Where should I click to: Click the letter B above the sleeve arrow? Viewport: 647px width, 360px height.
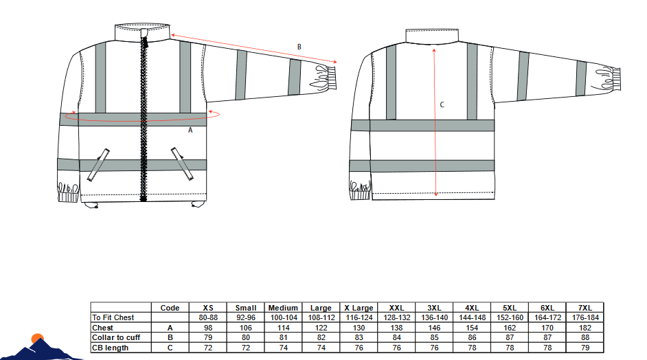(x=299, y=47)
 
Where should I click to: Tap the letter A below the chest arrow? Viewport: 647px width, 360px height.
(x=190, y=130)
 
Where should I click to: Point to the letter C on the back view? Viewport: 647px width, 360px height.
(x=442, y=104)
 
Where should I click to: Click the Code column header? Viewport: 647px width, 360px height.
(x=170, y=308)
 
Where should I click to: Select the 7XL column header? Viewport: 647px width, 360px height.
(x=585, y=308)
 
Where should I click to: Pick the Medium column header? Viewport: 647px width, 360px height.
(x=283, y=308)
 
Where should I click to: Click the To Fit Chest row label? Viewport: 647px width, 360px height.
(x=113, y=317)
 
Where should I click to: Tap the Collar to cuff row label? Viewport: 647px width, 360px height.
(x=116, y=337)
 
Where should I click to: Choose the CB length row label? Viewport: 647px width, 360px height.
(x=110, y=348)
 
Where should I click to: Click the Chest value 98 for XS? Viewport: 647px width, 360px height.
(x=208, y=328)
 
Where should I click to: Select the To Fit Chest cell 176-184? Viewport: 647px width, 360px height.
(x=585, y=317)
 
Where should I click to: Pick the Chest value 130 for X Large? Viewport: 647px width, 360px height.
(x=359, y=328)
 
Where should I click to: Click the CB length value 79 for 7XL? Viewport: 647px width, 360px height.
(x=585, y=348)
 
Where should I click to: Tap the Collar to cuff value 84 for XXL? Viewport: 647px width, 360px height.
(x=396, y=337)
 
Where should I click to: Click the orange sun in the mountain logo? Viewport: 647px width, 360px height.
(x=38, y=339)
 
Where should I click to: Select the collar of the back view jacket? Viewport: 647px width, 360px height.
(x=432, y=36)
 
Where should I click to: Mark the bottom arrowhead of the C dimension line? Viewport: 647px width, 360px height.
(x=435, y=194)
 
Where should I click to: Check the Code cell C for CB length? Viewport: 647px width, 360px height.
(x=170, y=348)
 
